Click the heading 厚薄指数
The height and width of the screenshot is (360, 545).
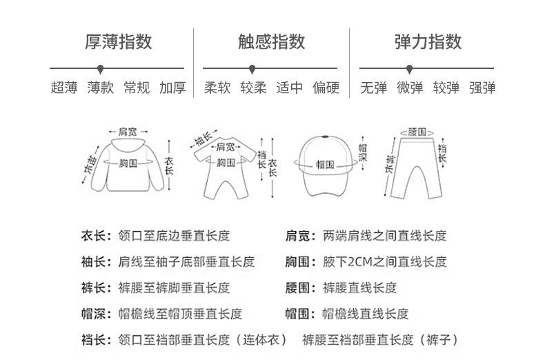pos(119,41)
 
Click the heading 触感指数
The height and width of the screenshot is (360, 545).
pos(271,41)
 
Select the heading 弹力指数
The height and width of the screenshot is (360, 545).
pos(428,41)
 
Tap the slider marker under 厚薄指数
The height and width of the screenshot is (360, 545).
pos(101,69)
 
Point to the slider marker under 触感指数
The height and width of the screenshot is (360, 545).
pos(252,69)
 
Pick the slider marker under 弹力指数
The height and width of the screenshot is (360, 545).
pos(410,69)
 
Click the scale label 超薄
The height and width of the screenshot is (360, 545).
pos(64,88)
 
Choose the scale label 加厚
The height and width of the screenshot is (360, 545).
pos(172,88)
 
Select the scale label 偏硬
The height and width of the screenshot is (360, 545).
pos(326,88)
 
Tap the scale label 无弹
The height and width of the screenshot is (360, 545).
pos(374,88)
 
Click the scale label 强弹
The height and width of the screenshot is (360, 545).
pos(482,88)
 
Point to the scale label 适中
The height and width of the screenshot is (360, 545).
pos(290,88)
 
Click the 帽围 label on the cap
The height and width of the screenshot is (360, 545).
pos(325,164)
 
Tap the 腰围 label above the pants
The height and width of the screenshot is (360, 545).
pos(417,132)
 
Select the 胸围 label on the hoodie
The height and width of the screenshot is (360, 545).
pos(128,163)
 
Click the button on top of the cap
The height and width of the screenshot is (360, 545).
pos(325,137)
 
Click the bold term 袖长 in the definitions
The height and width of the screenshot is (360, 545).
pos(93,261)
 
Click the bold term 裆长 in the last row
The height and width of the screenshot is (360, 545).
pos(93,339)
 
